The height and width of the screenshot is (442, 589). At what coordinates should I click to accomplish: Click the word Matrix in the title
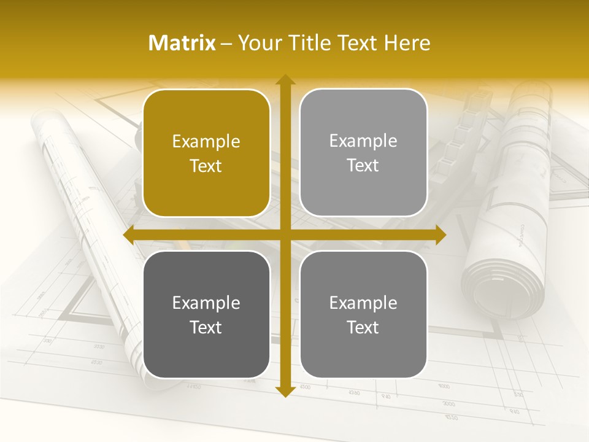pyautogui.click(x=182, y=43)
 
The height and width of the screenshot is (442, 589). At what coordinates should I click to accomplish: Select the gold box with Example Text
pyautogui.click(x=206, y=153)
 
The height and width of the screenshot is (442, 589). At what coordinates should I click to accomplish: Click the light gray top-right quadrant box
pyautogui.click(x=363, y=153)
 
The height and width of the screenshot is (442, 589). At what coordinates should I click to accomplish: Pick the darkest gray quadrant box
pyautogui.click(x=206, y=314)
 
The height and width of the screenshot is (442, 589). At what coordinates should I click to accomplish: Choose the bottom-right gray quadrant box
pyautogui.click(x=363, y=314)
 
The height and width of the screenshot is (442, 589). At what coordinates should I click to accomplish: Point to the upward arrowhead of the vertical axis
pyautogui.click(x=285, y=80)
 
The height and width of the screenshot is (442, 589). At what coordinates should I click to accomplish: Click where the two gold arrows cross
pyautogui.click(x=285, y=235)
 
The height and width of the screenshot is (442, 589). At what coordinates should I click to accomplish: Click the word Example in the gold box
pyautogui.click(x=206, y=142)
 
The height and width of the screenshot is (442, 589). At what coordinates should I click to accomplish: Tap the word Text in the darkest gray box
pyautogui.click(x=206, y=327)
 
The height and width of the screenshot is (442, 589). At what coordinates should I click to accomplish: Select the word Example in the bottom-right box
pyautogui.click(x=363, y=303)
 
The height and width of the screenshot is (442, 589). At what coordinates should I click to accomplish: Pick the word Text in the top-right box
pyautogui.click(x=363, y=166)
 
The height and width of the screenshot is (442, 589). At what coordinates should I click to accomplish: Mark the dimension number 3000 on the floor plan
pyautogui.click(x=448, y=404)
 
